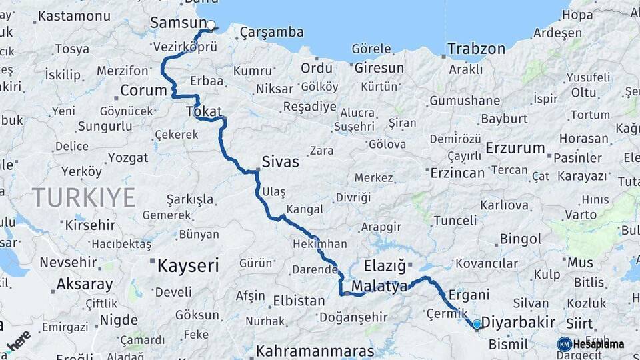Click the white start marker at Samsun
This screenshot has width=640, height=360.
(x=211, y=26)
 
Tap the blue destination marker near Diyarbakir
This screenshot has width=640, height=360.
(x=477, y=325)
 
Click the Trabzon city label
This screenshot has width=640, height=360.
(x=476, y=49)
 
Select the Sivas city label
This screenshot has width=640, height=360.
(x=280, y=161)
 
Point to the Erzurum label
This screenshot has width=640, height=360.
(x=515, y=148)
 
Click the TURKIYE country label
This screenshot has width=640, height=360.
(x=83, y=197)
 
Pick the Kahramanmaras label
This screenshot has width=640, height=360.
(x=315, y=350)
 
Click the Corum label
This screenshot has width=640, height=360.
(x=143, y=90)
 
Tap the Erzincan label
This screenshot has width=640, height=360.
(x=457, y=173)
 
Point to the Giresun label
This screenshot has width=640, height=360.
(x=379, y=68)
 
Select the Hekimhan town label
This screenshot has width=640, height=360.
(x=319, y=245)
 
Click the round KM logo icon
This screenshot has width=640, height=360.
(x=564, y=344)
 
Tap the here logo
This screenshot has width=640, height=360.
(x=18, y=340)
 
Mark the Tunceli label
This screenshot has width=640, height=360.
(x=455, y=221)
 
